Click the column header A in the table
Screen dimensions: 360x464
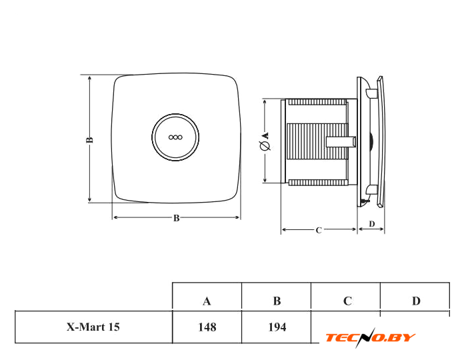(x=207, y=301)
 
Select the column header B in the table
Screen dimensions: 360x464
(x=277, y=301)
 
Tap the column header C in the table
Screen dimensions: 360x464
(x=347, y=301)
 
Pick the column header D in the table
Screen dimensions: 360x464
(x=416, y=301)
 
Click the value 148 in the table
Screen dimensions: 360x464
(x=207, y=327)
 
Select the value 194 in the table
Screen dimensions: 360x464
(x=277, y=327)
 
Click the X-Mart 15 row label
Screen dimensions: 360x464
(x=93, y=327)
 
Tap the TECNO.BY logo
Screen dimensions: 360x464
(x=370, y=337)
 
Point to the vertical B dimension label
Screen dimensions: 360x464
(x=89, y=140)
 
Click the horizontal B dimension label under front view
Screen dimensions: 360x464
(x=176, y=218)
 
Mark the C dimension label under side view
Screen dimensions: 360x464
(x=319, y=230)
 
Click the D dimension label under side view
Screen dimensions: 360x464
(x=371, y=223)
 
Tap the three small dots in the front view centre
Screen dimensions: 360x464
(x=176, y=137)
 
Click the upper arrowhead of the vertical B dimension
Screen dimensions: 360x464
(x=90, y=77)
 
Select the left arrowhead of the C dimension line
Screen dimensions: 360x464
(x=284, y=230)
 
